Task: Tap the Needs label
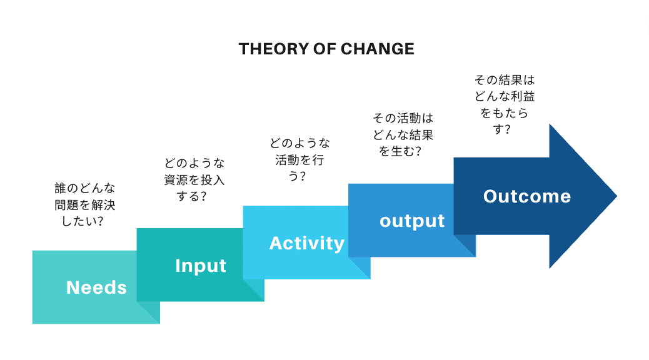point(96,287)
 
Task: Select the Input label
point(201,266)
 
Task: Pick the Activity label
point(306,243)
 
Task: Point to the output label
point(412,221)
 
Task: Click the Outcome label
point(527,196)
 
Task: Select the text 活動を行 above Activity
point(299,159)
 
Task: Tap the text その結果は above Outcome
point(505,81)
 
